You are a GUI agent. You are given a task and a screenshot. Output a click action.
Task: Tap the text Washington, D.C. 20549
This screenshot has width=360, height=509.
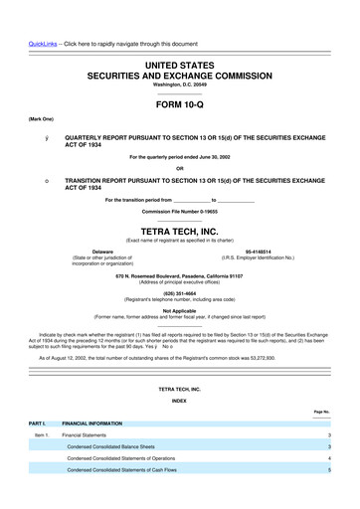click(x=179, y=85)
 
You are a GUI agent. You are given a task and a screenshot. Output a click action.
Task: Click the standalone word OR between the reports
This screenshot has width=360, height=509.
click(x=179, y=166)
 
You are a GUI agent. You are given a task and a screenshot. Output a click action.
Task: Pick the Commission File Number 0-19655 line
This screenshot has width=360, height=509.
click(x=179, y=213)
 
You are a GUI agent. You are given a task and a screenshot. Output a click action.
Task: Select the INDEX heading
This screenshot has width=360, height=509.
click(x=179, y=401)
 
